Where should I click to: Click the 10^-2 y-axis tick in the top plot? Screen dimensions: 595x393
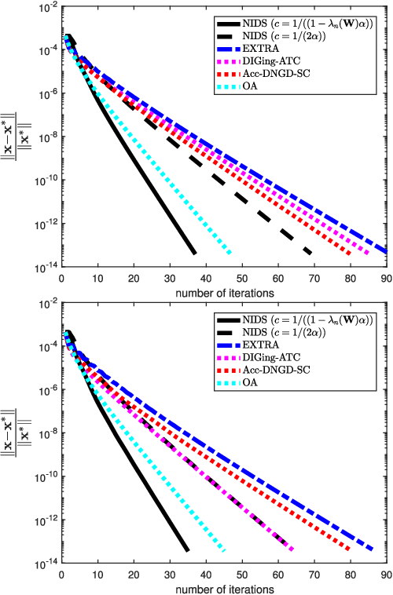coord(45,7)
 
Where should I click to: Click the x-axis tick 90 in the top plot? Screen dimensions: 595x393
coord(385,278)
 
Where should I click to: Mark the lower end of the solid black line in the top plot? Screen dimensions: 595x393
coord(194,253)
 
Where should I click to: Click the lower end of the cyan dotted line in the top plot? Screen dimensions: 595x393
coord(230,253)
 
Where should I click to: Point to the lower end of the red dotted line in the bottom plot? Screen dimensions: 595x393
coord(349,549)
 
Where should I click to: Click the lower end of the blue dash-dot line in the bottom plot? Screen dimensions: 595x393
coord(372,549)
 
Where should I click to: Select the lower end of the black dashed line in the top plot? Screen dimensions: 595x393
coord(310,253)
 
